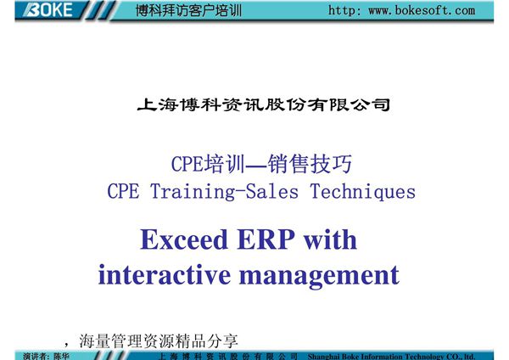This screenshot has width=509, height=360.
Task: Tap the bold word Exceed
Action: coord(181,240)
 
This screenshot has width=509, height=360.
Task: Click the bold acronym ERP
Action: coord(262,240)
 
